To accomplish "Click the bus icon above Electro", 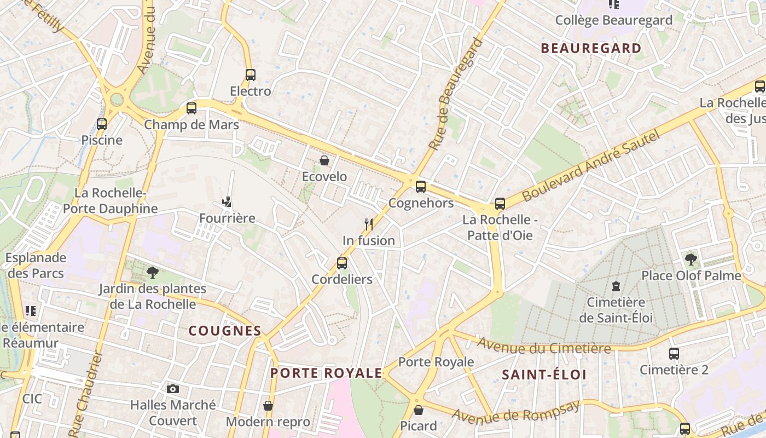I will (x=251, y=75).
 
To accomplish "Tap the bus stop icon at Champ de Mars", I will (x=191, y=108).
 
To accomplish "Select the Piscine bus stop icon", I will (x=102, y=124).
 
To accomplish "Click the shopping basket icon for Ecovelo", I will (x=324, y=160).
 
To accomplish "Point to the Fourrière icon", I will (x=227, y=202).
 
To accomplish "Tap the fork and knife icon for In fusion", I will (x=369, y=224).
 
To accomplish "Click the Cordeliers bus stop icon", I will (x=342, y=263).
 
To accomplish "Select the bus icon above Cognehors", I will (x=420, y=187).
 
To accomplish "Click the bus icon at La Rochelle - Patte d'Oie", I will (x=500, y=204).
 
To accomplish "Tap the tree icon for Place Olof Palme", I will (x=691, y=259).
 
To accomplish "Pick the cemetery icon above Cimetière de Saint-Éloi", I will (x=616, y=286).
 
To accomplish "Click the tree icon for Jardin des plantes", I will (x=153, y=272).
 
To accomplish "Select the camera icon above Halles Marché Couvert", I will (x=173, y=389).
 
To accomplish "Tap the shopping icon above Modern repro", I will (x=268, y=406).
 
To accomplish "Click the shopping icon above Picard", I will (x=419, y=410).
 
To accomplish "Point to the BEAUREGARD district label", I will (x=591, y=48).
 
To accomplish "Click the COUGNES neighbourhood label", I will (x=225, y=331).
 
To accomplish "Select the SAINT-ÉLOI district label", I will (x=544, y=375).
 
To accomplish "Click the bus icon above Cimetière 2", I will (x=674, y=354).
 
